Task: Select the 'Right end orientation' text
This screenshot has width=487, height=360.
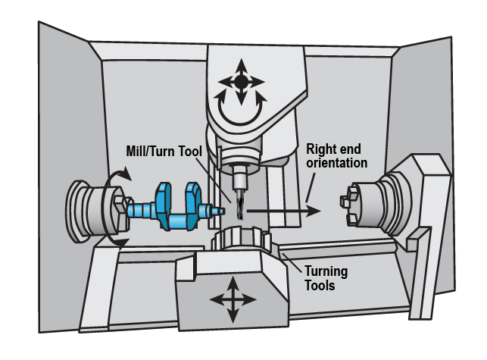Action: point(336,156)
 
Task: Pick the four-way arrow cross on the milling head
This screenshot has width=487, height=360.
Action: point(240,80)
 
